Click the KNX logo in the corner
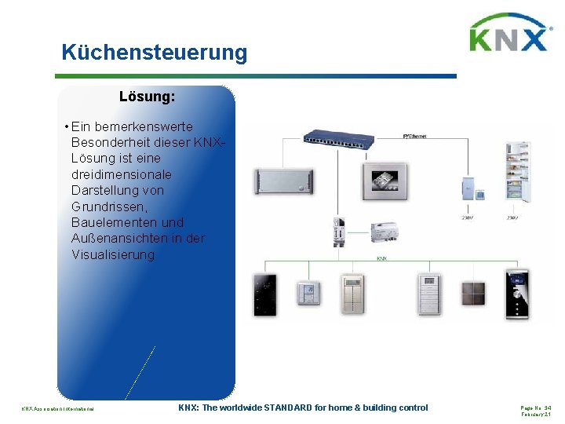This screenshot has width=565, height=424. (x=508, y=33)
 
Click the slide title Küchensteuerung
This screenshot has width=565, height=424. (x=155, y=53)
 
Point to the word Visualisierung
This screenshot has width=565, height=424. (x=113, y=254)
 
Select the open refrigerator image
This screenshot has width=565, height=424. (x=519, y=171)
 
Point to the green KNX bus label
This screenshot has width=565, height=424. (x=381, y=258)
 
